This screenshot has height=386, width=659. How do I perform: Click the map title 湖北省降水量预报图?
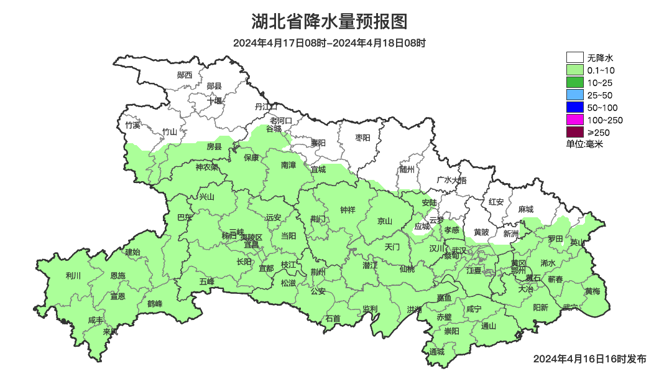(329, 22)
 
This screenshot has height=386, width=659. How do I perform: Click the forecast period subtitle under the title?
(329, 43)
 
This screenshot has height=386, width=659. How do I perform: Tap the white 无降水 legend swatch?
(574, 58)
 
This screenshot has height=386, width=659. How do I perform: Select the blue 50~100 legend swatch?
(574, 107)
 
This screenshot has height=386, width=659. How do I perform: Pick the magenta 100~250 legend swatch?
(574, 120)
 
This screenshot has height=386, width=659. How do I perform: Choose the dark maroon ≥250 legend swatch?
(574, 132)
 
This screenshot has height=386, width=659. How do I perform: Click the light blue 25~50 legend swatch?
(574, 95)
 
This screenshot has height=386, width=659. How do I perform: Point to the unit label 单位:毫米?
(584, 144)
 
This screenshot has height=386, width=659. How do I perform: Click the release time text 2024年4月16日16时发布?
(589, 359)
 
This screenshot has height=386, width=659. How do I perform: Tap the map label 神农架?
(206, 167)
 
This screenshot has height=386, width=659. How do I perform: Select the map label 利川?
(73, 275)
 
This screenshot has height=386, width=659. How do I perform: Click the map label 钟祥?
(348, 210)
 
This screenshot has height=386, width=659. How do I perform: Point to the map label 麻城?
(526, 210)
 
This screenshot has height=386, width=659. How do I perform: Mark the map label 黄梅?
(592, 291)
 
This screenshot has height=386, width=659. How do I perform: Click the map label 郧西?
(185, 75)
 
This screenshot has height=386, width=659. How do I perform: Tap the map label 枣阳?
(362, 137)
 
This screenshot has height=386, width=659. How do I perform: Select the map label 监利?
(370, 309)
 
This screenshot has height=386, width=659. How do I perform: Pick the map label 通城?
(437, 352)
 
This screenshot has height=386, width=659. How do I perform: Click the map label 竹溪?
(132, 125)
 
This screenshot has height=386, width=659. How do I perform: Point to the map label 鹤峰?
(155, 304)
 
